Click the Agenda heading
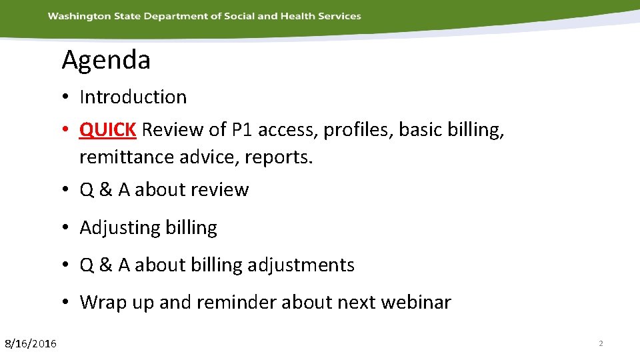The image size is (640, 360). coord(106,61)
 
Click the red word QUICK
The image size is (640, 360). coord(107,129)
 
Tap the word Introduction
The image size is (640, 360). coord(133,97)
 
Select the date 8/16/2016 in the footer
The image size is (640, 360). coord(31,343)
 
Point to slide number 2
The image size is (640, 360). coord(601,343)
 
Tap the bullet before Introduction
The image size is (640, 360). coord(69,98)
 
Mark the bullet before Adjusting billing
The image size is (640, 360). coord(69,228)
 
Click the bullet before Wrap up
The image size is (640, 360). coord(69,303)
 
